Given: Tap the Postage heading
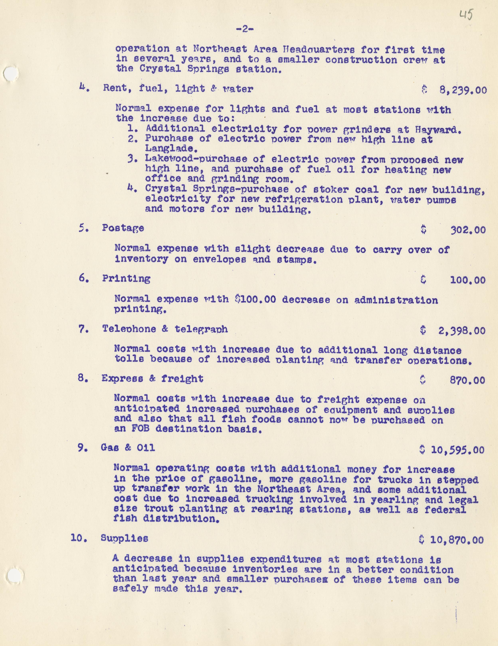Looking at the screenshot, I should [123, 228].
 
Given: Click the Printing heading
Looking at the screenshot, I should [126, 279].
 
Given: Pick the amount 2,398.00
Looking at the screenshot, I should [462, 330].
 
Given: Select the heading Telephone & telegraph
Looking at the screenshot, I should [165, 329].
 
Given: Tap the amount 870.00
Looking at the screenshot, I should [467, 380].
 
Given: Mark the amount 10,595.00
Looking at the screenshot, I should [457, 450].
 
